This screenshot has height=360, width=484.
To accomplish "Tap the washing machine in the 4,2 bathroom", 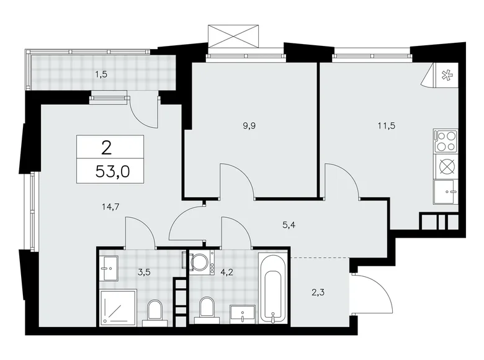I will [201, 262].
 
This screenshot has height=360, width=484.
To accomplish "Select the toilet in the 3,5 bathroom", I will [154, 312].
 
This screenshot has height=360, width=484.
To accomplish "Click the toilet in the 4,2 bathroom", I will [207, 308].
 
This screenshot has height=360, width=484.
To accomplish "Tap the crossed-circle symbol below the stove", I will [445, 167].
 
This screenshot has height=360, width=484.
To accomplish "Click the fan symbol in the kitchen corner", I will [446, 76].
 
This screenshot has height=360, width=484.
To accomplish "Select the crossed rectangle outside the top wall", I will [233, 35].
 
